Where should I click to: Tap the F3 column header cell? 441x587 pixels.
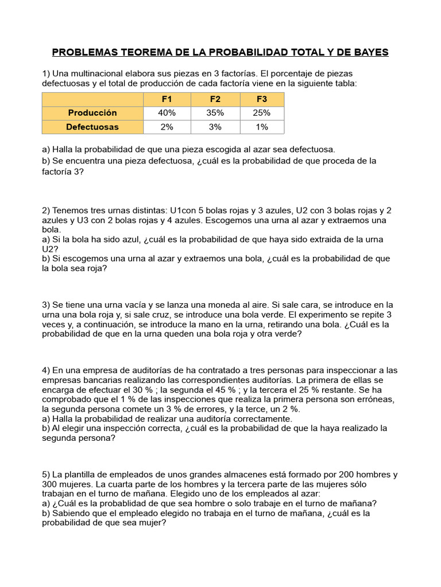coord(262,99)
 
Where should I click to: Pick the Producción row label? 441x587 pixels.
coord(92,113)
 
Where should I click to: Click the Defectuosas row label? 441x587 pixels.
coord(92,127)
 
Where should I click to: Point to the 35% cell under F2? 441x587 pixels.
coord(215,113)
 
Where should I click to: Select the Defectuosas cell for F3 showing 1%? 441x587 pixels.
coord(262,127)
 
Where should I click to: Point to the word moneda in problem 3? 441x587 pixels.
coord(234,304)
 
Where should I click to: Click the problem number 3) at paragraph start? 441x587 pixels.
coord(47,304)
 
